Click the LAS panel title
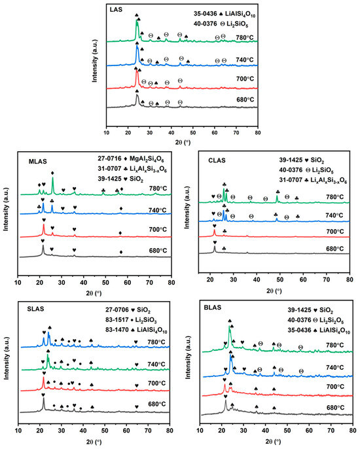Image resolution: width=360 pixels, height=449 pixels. [x=116, y=9]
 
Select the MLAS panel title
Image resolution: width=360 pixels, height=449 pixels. [x=37, y=162]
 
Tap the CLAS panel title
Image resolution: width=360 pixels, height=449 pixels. [x=217, y=160]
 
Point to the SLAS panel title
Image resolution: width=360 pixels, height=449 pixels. [x=35, y=309]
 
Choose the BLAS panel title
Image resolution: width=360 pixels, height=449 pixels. [x=213, y=308]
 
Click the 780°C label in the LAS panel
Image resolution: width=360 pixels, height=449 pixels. [x=245, y=37]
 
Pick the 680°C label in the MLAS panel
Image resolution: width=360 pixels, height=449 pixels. [x=158, y=251]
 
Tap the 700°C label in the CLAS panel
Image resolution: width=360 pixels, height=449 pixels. [x=334, y=232]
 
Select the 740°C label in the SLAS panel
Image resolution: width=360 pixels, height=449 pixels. [x=156, y=364]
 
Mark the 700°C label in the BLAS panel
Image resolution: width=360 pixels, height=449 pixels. [x=335, y=387]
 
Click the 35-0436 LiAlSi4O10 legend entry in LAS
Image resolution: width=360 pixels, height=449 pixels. [x=225, y=14]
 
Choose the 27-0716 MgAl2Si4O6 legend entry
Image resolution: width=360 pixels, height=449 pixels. [x=131, y=158]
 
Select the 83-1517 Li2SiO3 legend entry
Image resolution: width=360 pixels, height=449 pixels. [x=131, y=321]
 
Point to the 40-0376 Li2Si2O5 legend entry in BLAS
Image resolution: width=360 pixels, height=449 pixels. [x=315, y=321]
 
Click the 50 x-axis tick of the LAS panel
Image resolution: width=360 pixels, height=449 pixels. [x=193, y=133]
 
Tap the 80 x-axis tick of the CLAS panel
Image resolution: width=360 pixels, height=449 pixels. [x=350, y=279]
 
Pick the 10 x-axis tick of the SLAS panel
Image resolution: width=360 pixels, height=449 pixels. [x=18, y=431]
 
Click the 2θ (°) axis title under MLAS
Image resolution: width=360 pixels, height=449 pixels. [x=94, y=293]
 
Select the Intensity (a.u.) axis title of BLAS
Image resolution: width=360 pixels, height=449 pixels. [x=188, y=357]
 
